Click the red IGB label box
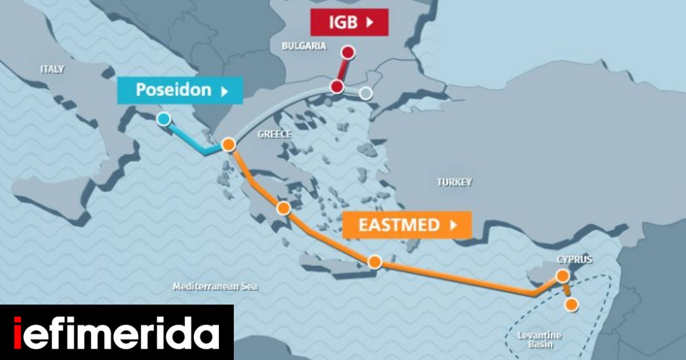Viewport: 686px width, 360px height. pos(349,22)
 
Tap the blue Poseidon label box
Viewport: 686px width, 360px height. pos(180,90)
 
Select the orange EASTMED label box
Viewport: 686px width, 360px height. pos(406,225)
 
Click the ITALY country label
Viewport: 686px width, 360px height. pos(53,69)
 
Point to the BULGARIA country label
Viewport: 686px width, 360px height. pos(304,46)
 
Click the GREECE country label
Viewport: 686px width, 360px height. pos(274,134)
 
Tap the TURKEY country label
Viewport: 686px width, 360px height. pos(454,182)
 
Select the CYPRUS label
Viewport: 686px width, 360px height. pos(575,259)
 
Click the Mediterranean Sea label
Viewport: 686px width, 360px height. pos(215,286)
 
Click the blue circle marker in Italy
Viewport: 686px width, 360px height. pos(163,119)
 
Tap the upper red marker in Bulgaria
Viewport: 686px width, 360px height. pos(348,53)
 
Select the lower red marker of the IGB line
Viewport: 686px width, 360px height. pos(337,87)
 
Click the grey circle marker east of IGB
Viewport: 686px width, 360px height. pos(366,93)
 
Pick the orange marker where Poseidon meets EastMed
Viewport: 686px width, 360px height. pos(229,145)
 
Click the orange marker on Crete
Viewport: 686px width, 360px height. pos(374,262)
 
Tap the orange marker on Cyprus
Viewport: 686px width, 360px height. pos(563,276)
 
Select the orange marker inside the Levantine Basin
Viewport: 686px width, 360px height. pos(571,305)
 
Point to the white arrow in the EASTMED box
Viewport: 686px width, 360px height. pos(454,225)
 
